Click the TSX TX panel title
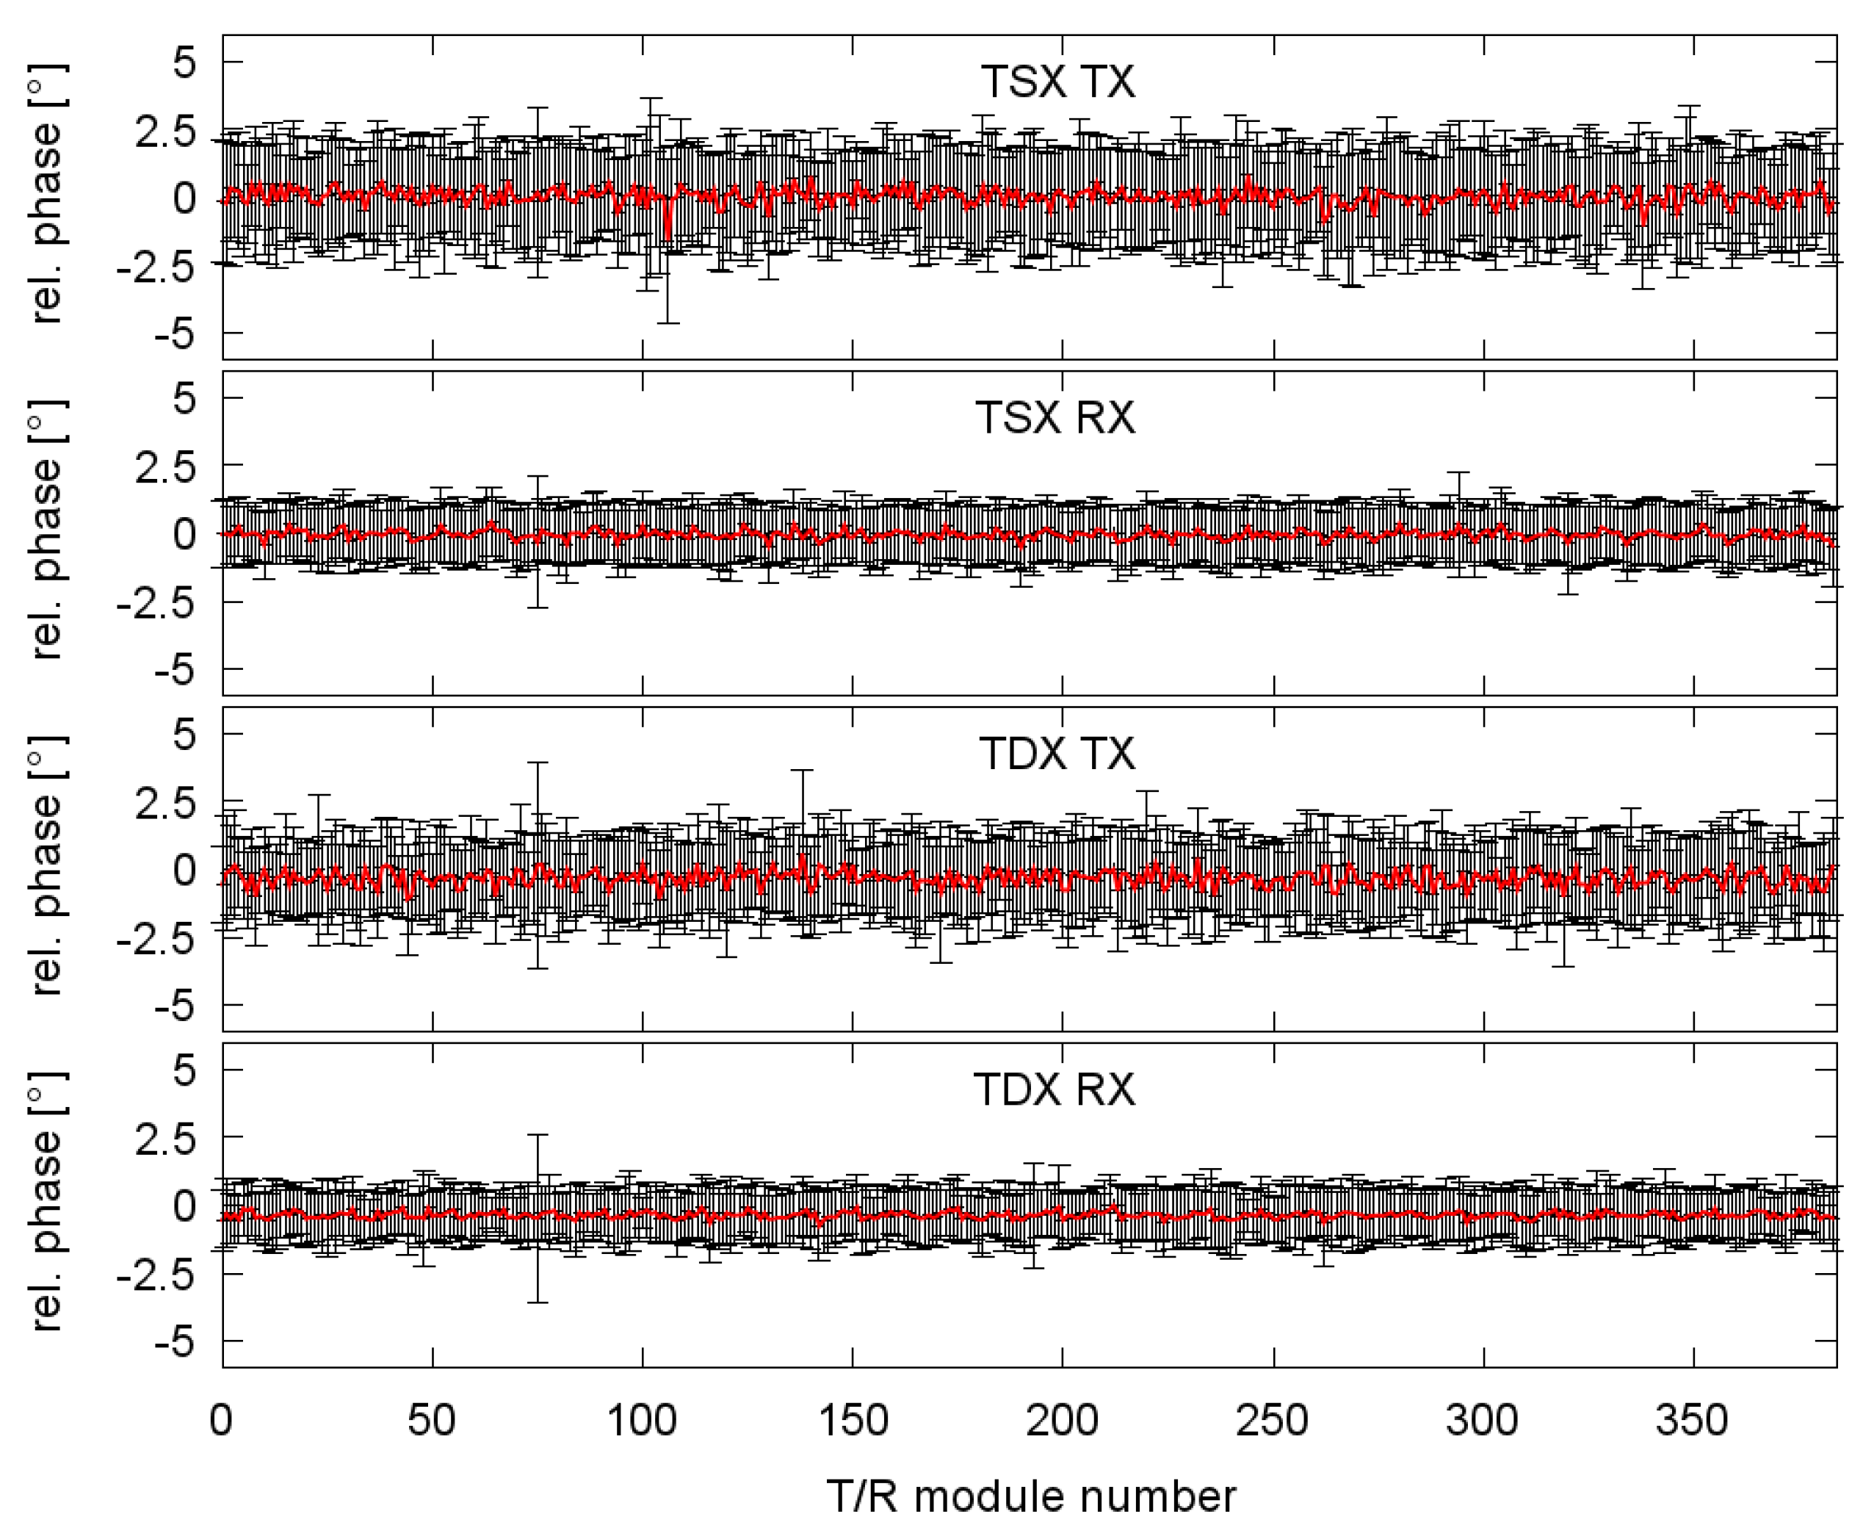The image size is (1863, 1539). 1057,82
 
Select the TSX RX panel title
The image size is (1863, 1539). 1055,417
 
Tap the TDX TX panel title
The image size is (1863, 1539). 1057,754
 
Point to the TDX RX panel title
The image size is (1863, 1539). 1055,1089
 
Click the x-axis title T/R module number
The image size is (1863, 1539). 1031,1497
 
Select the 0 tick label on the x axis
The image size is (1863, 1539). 221,1420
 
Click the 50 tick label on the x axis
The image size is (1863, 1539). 432,1420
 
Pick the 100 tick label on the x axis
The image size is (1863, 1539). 642,1420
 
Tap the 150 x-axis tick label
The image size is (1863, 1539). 852,1420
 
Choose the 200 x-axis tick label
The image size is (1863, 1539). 1062,1420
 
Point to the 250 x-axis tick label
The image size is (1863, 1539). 1273,1420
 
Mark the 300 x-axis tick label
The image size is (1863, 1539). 1482,1420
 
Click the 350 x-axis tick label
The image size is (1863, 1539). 1692,1420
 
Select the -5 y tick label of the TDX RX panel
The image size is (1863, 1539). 174,1342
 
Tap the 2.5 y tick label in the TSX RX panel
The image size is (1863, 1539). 164,466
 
